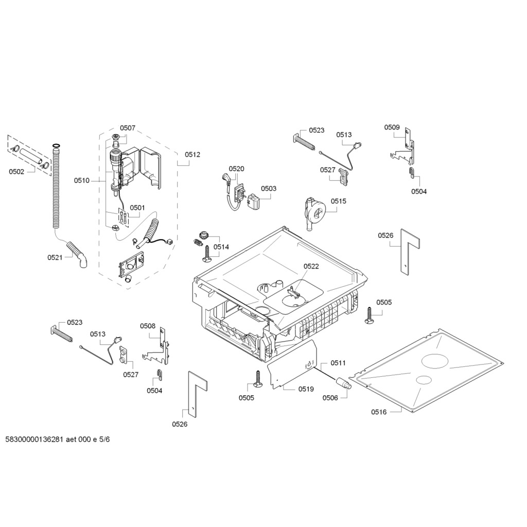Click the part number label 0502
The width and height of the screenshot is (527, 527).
point(16,172)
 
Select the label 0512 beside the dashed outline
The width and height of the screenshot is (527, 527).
point(192,154)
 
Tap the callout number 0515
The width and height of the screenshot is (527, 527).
point(339,201)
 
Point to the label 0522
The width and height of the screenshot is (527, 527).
point(311,266)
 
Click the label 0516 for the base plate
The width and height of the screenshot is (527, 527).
point(379,412)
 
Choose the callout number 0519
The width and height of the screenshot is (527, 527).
point(306,389)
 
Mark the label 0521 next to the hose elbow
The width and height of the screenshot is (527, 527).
point(55,257)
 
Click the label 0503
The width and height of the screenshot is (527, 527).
point(269,188)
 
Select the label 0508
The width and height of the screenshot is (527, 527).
point(148,326)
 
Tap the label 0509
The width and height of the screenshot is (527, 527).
point(392,127)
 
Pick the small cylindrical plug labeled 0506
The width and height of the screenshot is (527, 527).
point(343,383)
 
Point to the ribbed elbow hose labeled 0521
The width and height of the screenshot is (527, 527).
point(78,254)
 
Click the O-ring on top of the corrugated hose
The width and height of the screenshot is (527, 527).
point(57,146)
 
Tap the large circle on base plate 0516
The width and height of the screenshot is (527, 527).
point(435,362)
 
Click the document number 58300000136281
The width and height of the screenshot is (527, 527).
point(34,440)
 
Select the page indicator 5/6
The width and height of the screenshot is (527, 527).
point(104,440)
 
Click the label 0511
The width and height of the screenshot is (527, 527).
point(338,363)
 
